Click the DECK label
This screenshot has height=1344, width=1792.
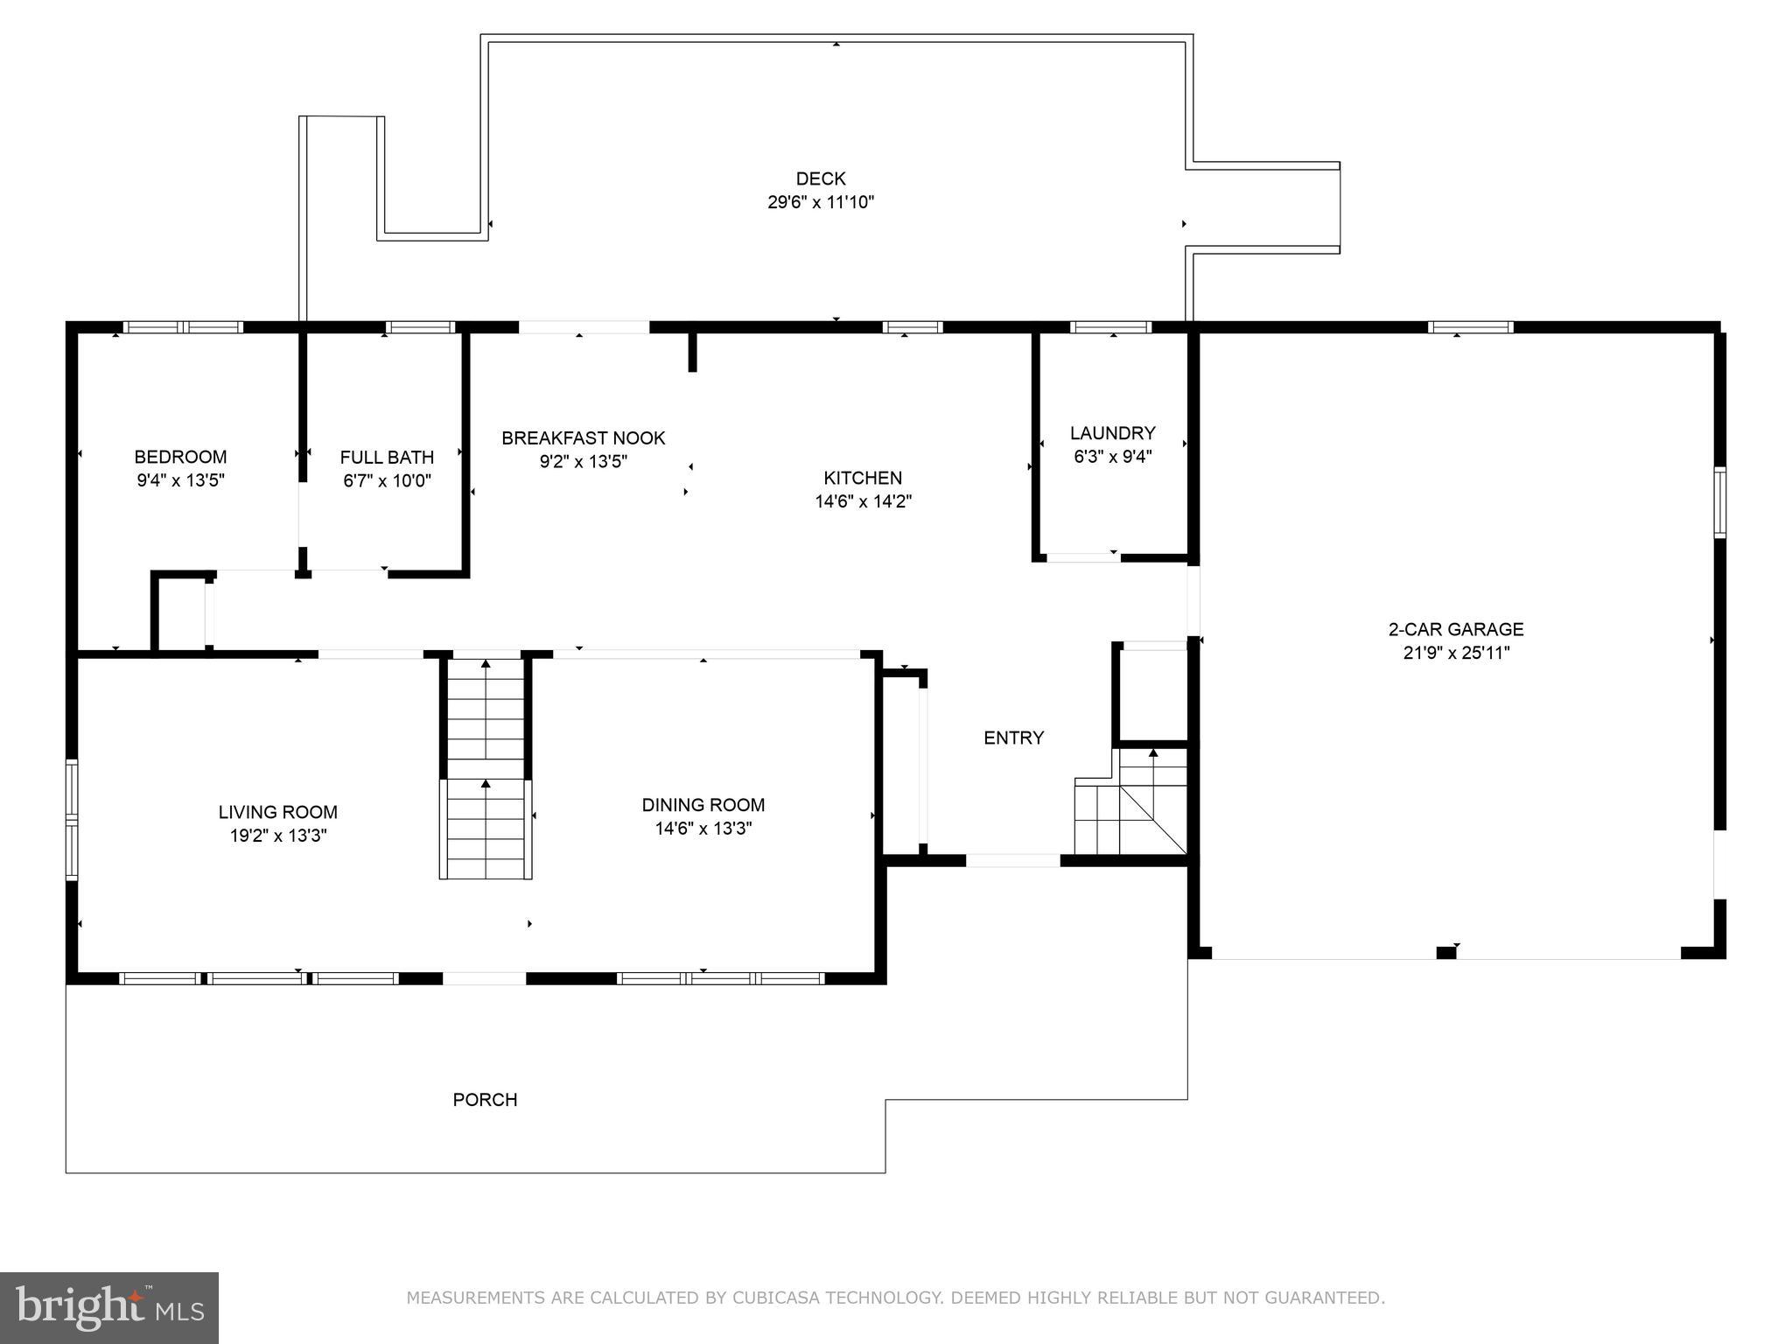821,178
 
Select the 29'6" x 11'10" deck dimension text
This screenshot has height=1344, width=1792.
821,202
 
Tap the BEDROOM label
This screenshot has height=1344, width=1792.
180,457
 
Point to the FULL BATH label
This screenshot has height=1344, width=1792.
387,457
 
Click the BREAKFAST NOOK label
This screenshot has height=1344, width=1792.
583,437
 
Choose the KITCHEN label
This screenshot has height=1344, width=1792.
862,478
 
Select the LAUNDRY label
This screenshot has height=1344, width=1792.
1112,433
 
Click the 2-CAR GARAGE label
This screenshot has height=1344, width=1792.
1456,629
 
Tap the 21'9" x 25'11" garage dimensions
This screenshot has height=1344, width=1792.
1456,653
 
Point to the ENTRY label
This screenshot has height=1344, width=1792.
1013,738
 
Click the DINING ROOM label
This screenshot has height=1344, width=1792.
703,805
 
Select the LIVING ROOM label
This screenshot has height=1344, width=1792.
277,812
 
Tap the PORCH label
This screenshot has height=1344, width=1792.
485,1100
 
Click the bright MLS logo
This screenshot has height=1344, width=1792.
109,1307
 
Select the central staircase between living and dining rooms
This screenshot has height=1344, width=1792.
486,770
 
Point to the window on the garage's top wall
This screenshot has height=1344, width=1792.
1470,327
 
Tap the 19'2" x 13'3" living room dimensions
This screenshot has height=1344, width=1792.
277,836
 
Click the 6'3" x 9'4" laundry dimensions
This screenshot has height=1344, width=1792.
1112,457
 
